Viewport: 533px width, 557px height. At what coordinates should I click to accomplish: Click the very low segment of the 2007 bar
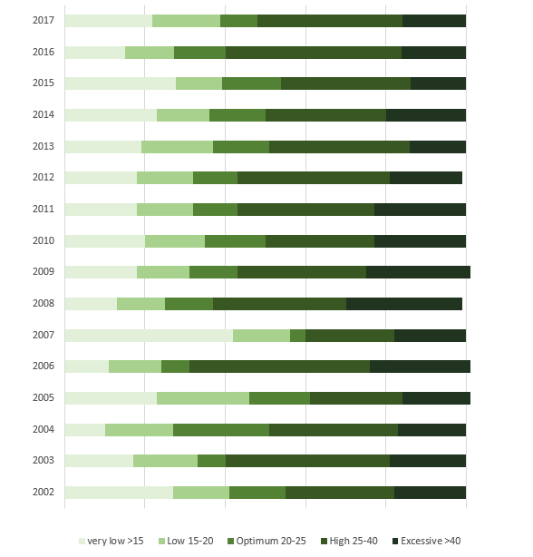tap(149, 336)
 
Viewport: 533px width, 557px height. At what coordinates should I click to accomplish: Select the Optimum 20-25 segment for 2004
tap(221, 430)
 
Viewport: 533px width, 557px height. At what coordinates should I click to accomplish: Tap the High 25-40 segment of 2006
tap(279, 366)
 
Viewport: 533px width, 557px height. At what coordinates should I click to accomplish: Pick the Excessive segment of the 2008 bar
tap(404, 304)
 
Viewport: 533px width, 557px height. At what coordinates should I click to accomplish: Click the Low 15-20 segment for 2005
tap(203, 398)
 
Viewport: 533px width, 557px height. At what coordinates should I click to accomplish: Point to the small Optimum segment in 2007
tap(297, 336)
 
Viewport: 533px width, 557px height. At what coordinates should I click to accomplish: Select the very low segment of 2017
tap(108, 21)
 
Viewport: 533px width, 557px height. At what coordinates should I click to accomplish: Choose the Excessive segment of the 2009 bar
tap(418, 272)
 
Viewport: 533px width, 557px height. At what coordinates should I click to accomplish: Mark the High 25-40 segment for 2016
tap(314, 53)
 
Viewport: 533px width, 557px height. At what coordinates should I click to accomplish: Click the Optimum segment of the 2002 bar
tap(257, 493)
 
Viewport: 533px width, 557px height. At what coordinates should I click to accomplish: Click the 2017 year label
tap(43, 21)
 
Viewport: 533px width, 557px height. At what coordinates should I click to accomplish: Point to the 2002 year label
tap(43, 493)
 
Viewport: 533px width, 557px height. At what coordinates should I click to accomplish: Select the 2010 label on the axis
tap(43, 241)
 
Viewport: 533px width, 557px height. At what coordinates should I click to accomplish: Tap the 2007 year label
tap(43, 336)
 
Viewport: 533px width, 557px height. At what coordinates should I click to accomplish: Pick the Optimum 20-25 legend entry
tap(271, 541)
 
